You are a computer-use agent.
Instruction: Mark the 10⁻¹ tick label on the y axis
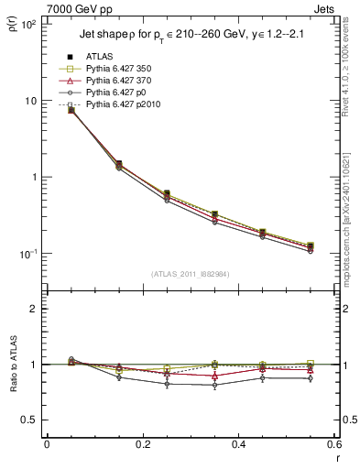[27, 254]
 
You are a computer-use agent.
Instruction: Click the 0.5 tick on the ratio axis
[29, 420]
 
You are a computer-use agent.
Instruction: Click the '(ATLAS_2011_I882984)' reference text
[190, 274]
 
